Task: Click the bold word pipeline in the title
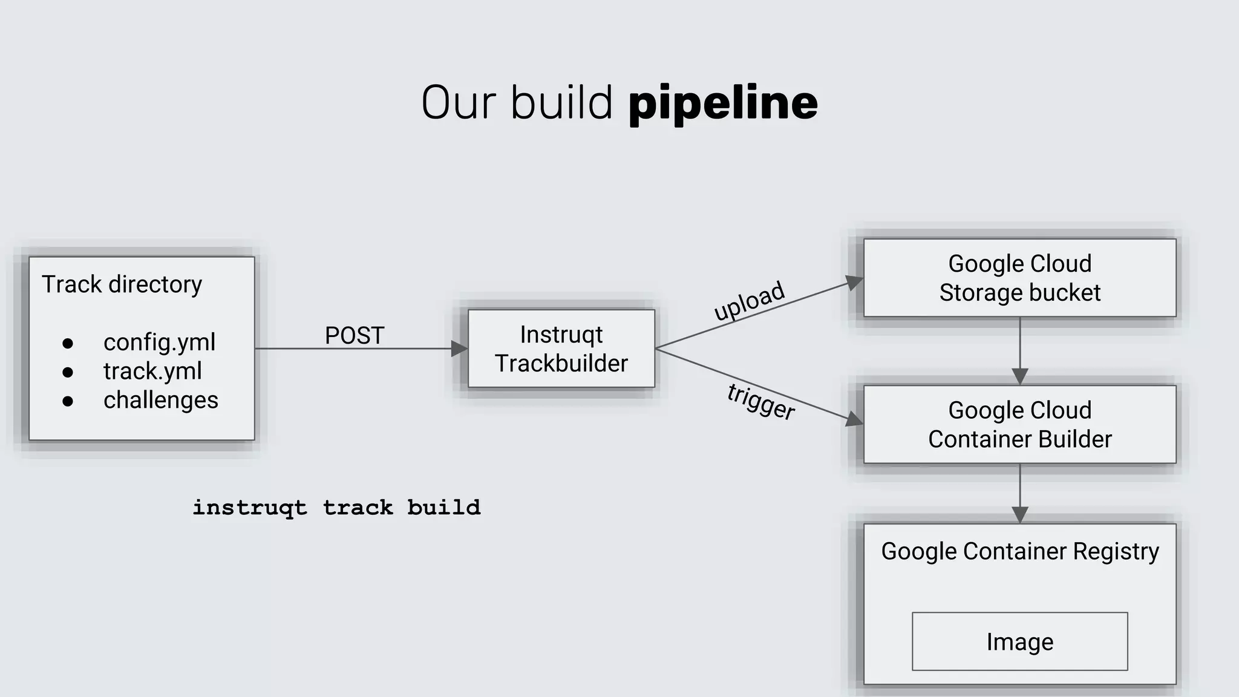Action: coord(723,103)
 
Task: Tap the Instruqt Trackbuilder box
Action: coord(561,348)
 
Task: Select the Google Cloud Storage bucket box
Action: coord(1019,278)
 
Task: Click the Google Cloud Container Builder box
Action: coord(1019,424)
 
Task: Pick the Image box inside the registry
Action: coord(1019,641)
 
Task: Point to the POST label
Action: coord(355,335)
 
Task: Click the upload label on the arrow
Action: coord(749,301)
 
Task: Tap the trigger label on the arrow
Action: coord(761,401)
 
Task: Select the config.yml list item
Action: coord(159,342)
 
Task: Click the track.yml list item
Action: coord(152,371)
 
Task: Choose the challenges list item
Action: coord(160,400)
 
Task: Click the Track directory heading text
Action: coord(122,284)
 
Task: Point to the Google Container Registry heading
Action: coord(1019,551)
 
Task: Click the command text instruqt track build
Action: coord(336,507)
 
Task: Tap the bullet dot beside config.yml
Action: coord(68,344)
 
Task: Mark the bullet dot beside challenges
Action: coord(68,401)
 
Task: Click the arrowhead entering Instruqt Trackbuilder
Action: coord(460,348)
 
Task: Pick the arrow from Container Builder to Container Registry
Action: coord(1020,493)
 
